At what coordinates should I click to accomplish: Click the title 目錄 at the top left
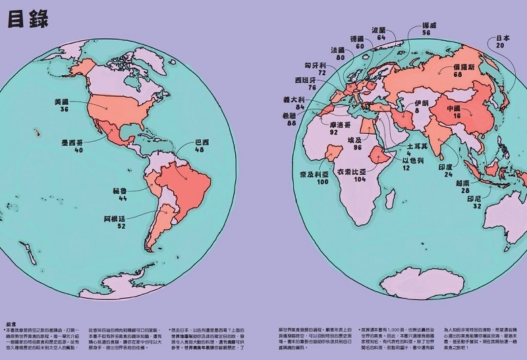coord(28,19)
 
